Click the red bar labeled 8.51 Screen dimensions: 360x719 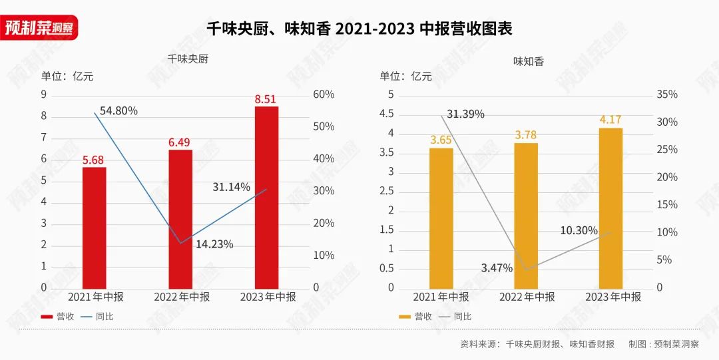coord(266,197)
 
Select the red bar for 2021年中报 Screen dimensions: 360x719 coord(94,228)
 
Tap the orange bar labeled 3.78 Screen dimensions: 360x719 coord(526,216)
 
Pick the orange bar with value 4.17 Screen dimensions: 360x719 coord(610,208)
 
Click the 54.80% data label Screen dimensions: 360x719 coord(119,111)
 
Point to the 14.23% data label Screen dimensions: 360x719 coord(214,244)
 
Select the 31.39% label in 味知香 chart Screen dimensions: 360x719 coord(465,114)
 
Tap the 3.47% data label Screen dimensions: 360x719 coord(497,268)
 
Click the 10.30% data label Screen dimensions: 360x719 coord(579,230)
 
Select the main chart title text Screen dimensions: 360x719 coord(359,29)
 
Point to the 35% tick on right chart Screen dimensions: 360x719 coord(666,94)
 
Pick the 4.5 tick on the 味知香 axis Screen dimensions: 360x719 coord(386,114)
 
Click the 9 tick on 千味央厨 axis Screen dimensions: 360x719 coord(44,94)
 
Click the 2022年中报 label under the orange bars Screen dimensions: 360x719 coord(527,297)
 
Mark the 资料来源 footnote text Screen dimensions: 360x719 coord(537,344)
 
